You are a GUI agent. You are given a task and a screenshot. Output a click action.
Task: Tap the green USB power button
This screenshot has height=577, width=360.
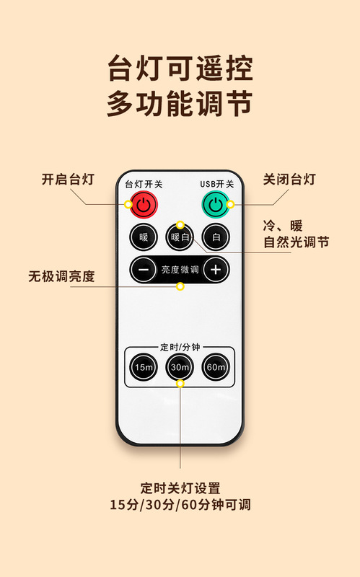pyautogui.click(x=216, y=204)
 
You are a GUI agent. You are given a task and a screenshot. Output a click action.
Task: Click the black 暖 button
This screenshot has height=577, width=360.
pyautogui.click(x=144, y=237)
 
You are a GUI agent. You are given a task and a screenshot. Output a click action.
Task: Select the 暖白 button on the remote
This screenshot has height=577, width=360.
pyautogui.click(x=180, y=237)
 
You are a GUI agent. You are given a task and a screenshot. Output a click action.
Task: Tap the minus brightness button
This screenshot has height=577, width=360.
pyautogui.click(x=144, y=270)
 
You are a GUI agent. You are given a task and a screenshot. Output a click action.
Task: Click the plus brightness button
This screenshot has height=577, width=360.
pyautogui.click(x=216, y=270)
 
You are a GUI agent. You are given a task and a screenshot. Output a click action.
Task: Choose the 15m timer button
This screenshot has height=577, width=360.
pyautogui.click(x=144, y=367)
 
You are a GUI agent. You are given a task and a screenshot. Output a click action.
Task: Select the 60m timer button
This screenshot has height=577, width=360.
pyautogui.click(x=216, y=367)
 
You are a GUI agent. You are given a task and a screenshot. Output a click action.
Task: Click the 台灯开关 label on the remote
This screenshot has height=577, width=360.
pyautogui.click(x=144, y=184)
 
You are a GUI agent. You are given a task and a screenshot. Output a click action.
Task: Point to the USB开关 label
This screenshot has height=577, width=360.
pyautogui.click(x=217, y=184)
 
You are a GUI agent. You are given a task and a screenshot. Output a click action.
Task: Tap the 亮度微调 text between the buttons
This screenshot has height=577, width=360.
pyautogui.click(x=180, y=270)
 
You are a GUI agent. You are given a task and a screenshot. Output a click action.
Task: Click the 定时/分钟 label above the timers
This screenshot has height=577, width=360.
pyautogui.click(x=180, y=347)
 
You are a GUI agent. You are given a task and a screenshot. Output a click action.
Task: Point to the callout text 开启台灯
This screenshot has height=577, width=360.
pyautogui.click(x=68, y=180)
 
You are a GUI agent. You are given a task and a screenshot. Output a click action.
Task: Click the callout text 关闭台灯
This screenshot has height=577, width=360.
pyautogui.click(x=289, y=180)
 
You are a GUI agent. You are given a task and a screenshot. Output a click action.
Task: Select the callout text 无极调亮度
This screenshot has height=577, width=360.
pyautogui.click(x=61, y=276)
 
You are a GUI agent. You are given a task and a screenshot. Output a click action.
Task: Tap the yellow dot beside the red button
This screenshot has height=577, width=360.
pyautogui.click(x=128, y=204)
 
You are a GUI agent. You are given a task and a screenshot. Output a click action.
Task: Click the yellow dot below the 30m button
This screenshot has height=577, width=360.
pyautogui.click(x=180, y=384)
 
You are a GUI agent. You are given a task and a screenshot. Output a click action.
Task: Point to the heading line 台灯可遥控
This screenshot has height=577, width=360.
pyautogui.click(x=180, y=69)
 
